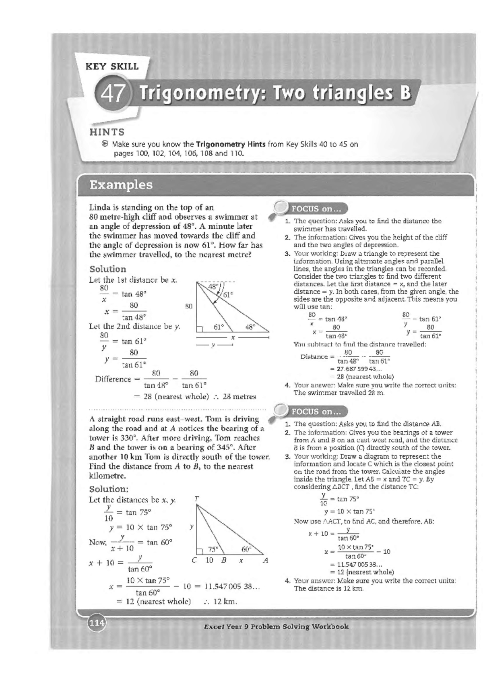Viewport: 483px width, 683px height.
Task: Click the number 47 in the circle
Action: pos(113,95)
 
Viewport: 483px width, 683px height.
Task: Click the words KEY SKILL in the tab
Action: pos(112,66)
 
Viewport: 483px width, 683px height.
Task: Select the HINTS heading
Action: pos(107,132)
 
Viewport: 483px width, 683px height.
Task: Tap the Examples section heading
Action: pos(121,185)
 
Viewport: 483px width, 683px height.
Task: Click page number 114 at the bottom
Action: pos(97,623)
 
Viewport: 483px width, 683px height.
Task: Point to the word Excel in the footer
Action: pos(214,627)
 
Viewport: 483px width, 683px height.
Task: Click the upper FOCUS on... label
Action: pos(316,209)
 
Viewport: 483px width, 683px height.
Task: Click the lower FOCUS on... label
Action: pos(316,412)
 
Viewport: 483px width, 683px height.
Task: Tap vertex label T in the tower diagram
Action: pos(196,499)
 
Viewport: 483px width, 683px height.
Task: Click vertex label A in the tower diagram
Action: pos(265,560)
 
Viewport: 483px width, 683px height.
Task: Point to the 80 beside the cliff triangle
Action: pos(188,306)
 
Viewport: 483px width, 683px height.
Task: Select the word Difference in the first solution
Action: pos(113,379)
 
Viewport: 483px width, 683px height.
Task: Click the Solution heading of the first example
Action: pos(107,269)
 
